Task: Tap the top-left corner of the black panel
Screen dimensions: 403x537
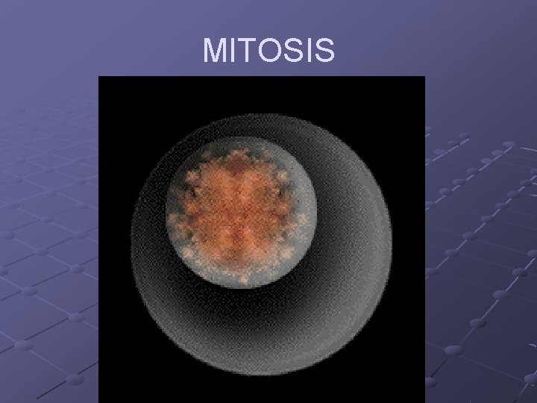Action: [99, 77]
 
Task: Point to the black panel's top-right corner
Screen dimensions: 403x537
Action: [424, 77]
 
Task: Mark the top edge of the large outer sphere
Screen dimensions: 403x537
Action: [261, 114]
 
